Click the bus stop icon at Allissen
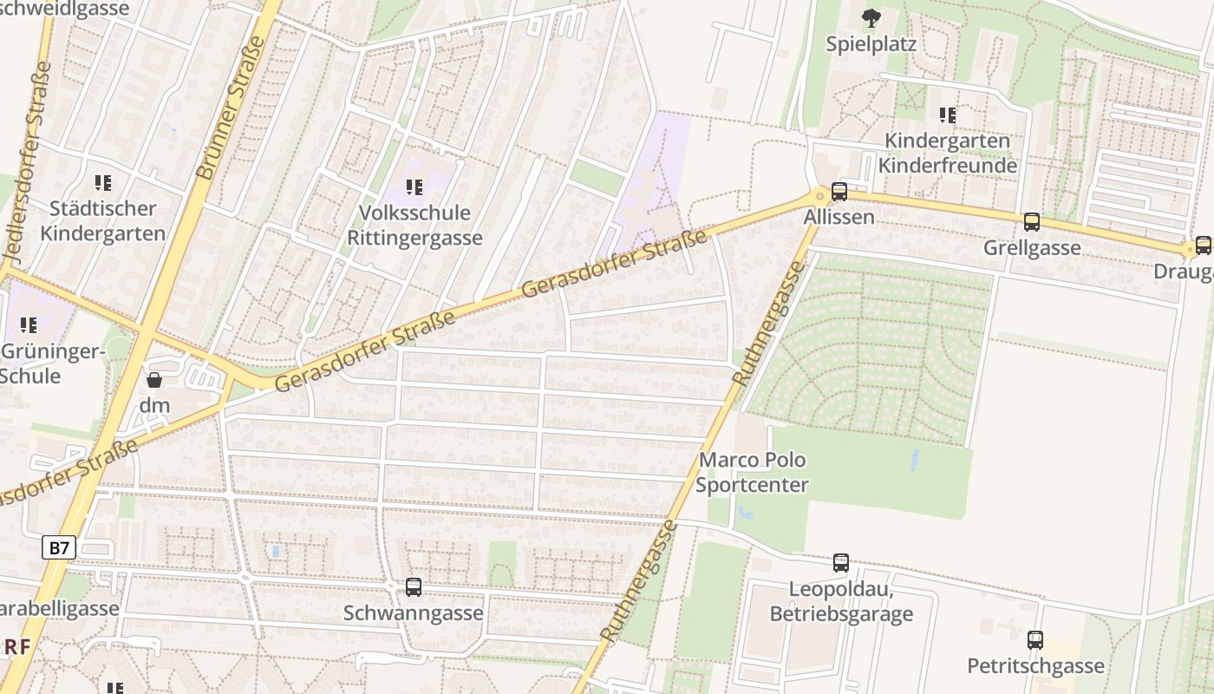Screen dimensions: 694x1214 point(839,192)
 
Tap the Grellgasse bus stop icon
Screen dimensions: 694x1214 point(1031,222)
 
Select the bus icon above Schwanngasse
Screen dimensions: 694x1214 point(414,587)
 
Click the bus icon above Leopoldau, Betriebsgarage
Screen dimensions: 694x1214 point(840,563)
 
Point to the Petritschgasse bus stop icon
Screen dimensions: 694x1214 point(1035,640)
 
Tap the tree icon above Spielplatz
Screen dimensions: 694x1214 point(870,17)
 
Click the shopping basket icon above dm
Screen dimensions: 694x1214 point(154,380)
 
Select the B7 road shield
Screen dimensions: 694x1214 point(59,547)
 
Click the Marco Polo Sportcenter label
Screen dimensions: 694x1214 point(752,473)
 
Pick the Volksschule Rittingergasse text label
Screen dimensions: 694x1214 point(414,226)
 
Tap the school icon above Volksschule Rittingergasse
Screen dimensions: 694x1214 point(414,187)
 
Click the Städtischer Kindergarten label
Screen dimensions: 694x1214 point(102,221)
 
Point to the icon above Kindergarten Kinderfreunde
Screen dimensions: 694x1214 point(947,115)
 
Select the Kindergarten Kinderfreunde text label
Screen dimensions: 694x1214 point(947,153)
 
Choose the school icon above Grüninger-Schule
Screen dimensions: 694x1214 point(28,325)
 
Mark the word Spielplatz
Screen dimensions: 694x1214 point(871,44)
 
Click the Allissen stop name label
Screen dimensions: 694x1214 point(839,217)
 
